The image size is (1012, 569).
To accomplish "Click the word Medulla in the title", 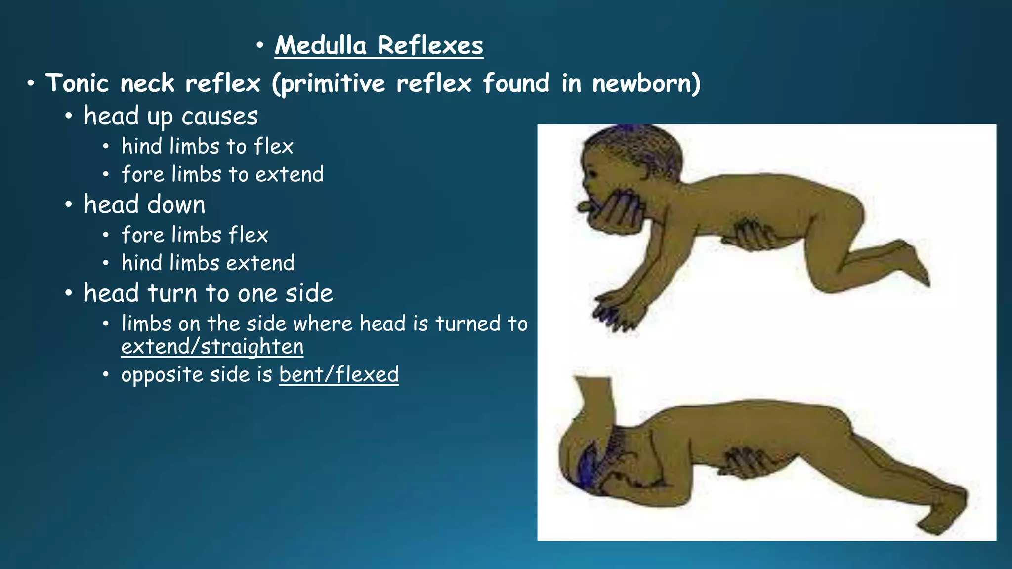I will click(321, 45).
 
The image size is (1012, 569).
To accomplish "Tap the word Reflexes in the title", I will click(430, 45).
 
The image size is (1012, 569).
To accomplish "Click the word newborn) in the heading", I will click(646, 83).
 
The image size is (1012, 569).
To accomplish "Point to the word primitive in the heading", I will click(328, 83).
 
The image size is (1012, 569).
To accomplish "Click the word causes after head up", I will click(219, 117).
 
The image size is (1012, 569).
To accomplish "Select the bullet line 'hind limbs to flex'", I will click(208, 147).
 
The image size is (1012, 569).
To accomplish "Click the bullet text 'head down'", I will click(144, 204).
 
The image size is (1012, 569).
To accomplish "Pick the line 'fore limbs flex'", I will click(195, 235).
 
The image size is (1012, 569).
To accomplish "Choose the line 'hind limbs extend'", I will click(208, 263).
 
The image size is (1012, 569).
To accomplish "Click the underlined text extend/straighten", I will click(212, 346).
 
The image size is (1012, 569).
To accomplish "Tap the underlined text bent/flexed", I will click(338, 374).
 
